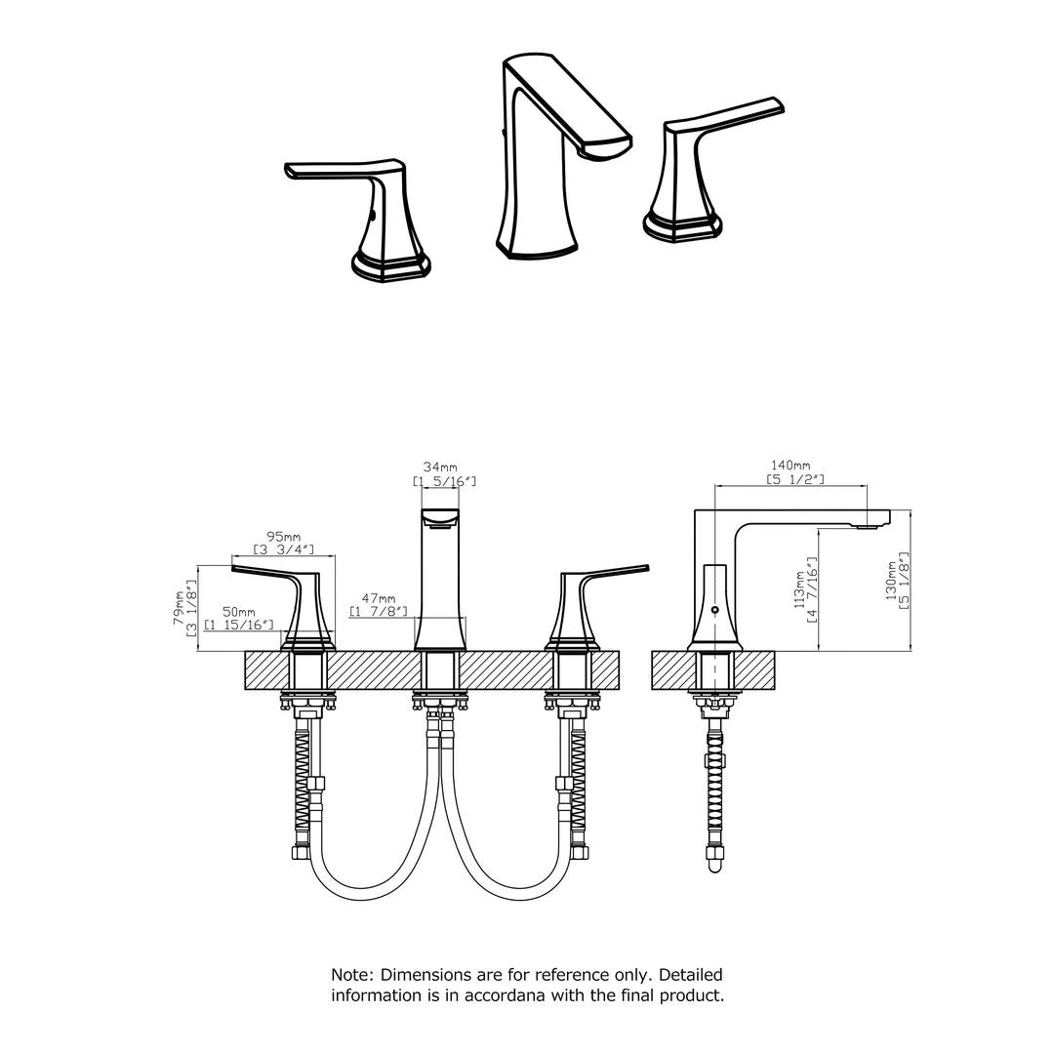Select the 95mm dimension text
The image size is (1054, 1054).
pos(284,537)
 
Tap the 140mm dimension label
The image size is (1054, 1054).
pos(790,466)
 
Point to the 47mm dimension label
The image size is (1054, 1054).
pos(379,598)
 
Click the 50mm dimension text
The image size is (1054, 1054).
pos(239,612)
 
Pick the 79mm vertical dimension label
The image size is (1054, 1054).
pos(180,609)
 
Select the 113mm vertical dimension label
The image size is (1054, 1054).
pos(800,589)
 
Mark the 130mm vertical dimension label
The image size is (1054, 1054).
pos(891,580)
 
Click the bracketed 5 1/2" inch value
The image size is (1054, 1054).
pos(796,479)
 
